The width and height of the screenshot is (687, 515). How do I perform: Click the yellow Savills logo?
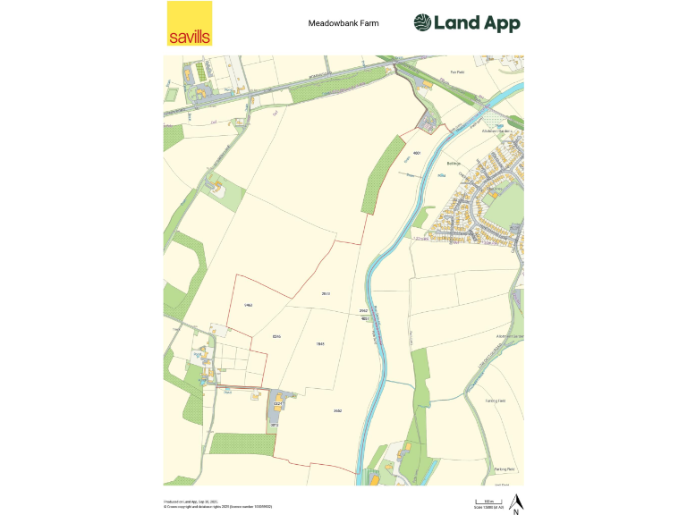(190, 23)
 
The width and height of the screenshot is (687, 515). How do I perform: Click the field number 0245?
(277, 336)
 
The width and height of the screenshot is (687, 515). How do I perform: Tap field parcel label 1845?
(320, 343)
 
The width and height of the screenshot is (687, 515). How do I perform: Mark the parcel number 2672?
(327, 293)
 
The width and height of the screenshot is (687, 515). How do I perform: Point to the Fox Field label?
(458, 72)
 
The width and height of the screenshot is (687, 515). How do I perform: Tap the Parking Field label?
(505, 469)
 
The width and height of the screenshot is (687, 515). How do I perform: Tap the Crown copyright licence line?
(217, 507)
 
